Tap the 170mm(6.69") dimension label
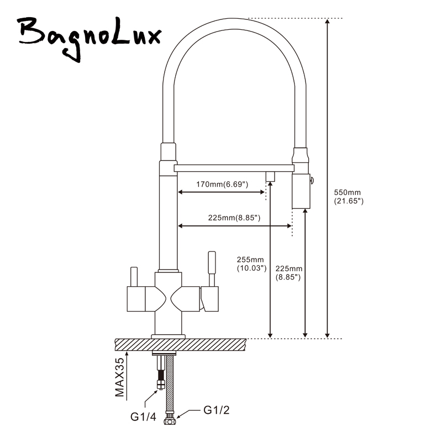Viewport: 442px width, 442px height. [222, 185]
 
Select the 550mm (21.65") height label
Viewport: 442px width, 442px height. [349, 197]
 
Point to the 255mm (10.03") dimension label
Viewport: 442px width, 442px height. [251, 264]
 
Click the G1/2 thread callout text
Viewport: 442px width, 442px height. [217, 410]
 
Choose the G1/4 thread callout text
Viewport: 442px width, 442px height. [143, 417]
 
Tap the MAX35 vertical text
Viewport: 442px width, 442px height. [120, 377]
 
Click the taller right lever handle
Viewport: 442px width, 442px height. [212, 269]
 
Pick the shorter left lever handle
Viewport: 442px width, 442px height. [134, 276]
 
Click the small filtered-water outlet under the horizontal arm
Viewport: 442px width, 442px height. [270, 177]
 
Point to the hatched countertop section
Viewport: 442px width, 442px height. [181, 344]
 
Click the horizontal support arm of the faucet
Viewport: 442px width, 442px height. [234, 168]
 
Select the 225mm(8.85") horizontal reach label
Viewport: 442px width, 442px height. [234, 218]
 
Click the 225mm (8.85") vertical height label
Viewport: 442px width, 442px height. [288, 273]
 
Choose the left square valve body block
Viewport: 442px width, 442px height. [136, 299]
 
